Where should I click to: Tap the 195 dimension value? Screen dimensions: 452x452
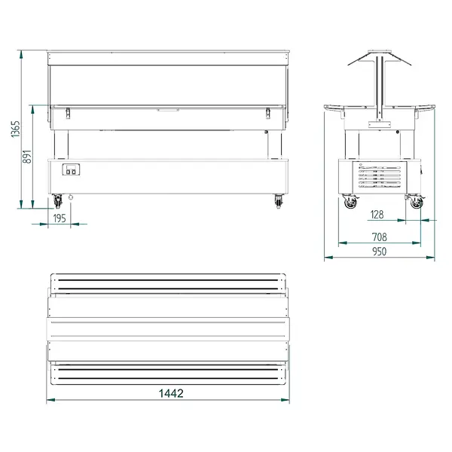coord(60,218)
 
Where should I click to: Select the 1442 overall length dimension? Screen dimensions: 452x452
coord(171,392)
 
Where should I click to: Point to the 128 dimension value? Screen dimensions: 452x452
coord(377,215)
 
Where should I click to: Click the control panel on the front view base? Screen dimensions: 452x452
coord(72,171)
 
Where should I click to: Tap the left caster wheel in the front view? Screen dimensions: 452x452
coord(58,202)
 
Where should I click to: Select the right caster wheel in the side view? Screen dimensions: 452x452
coord(415,202)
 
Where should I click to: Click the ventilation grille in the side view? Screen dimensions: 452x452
coord(379,176)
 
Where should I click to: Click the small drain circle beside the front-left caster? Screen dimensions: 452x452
coord(72,198)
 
